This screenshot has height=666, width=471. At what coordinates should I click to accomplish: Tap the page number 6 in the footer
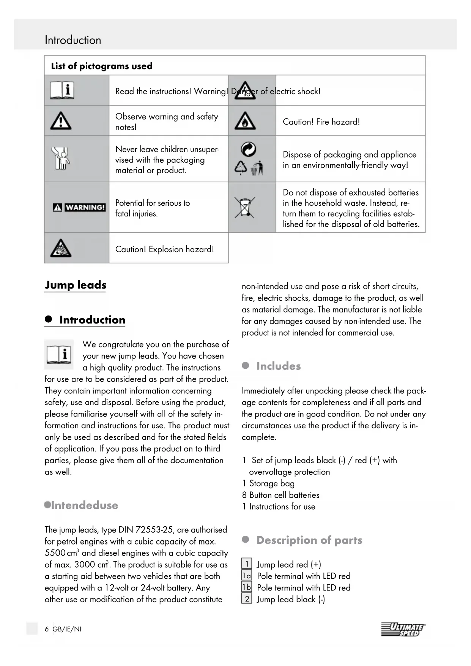pyautogui.click(x=47, y=629)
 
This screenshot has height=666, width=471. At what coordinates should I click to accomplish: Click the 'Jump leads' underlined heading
pyautogui.click(x=76, y=285)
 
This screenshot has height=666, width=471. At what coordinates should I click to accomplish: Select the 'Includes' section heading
pyautogui.click(x=278, y=366)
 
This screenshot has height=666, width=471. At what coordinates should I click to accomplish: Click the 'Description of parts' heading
pyautogui.click(x=309, y=540)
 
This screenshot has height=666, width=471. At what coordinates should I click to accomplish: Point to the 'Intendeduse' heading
pyautogui.click(x=84, y=505)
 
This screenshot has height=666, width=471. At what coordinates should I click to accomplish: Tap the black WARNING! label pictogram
pyautogui.click(x=79, y=207)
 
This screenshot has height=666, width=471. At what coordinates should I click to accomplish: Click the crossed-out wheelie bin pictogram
pyautogui.click(x=245, y=207)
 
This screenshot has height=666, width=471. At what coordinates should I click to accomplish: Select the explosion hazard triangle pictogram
pyautogui.click(x=61, y=248)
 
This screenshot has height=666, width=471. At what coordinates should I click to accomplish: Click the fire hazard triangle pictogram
pyautogui.click(x=245, y=121)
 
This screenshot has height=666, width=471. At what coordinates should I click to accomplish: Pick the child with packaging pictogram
pyautogui.click(x=60, y=158)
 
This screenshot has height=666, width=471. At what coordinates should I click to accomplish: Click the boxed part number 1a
pyautogui.click(x=247, y=576)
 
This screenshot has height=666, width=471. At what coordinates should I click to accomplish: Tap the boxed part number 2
pyautogui.click(x=247, y=599)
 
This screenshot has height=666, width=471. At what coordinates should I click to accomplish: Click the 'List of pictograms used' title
pyautogui.click(x=102, y=66)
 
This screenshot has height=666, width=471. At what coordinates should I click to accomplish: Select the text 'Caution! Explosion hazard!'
pyautogui.click(x=164, y=249)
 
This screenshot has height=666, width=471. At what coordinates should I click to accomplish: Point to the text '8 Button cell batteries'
pyautogui.click(x=280, y=495)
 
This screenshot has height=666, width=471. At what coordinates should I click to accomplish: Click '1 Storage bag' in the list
pyautogui.click(x=268, y=483)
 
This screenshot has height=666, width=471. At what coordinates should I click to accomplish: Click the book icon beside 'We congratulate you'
pyautogui.click(x=59, y=355)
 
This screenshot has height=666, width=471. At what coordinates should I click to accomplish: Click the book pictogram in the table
pyautogui.click(x=62, y=90)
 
